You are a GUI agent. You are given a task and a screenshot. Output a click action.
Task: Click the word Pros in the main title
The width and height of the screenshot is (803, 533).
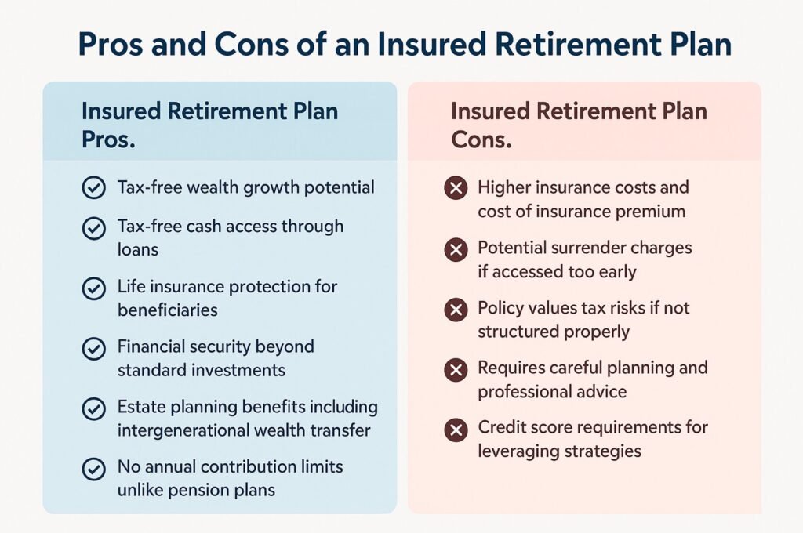[x=114, y=45]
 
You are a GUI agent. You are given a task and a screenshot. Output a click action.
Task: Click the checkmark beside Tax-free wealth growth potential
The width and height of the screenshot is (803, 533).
[x=93, y=188]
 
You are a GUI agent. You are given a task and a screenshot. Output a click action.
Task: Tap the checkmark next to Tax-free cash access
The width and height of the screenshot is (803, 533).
[x=93, y=228]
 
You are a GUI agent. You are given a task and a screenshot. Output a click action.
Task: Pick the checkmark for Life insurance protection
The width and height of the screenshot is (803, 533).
[x=93, y=288]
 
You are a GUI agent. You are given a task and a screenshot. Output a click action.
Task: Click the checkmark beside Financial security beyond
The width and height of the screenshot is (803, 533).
[x=93, y=348]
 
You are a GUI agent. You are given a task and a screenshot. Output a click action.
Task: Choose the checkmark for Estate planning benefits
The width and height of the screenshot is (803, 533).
[x=93, y=408]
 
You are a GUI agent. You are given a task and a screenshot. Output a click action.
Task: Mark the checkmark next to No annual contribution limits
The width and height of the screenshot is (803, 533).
[x=93, y=469]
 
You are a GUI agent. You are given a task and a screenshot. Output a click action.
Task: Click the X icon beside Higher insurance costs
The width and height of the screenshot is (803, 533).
[x=455, y=189]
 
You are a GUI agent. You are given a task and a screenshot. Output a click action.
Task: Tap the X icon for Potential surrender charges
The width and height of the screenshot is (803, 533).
[x=455, y=249]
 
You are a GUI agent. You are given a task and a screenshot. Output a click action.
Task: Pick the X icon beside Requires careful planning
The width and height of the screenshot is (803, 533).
[x=455, y=369]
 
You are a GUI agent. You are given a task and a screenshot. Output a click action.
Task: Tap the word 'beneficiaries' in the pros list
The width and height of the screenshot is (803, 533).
[x=167, y=310]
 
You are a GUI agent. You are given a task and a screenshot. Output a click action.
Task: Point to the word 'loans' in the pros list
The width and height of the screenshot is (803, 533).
[x=137, y=249]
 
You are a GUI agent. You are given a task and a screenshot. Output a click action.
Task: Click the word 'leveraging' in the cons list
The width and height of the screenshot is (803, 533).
[x=518, y=451]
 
